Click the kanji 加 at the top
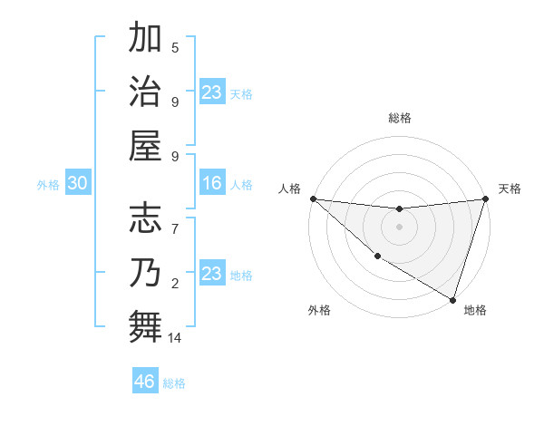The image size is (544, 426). coord(146,40)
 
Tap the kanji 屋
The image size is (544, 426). coord(146,145)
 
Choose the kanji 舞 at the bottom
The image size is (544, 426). coord(146,325)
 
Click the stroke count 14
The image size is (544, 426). coord(176,338)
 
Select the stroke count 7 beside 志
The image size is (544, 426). coord(175,221)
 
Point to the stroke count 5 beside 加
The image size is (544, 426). coord(175,48)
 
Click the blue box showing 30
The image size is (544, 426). coord(77,184)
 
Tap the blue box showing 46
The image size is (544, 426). coord(145,382)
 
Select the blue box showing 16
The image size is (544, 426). coord(212,184)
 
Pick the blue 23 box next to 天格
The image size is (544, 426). coord(212,92)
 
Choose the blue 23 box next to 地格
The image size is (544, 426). coord(212,274)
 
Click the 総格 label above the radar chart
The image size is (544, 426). coord(400,118)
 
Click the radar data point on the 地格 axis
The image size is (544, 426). coord(452,299)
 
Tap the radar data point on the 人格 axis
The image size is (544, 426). coord(313,198)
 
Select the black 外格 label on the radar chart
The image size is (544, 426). coord(319,310)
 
